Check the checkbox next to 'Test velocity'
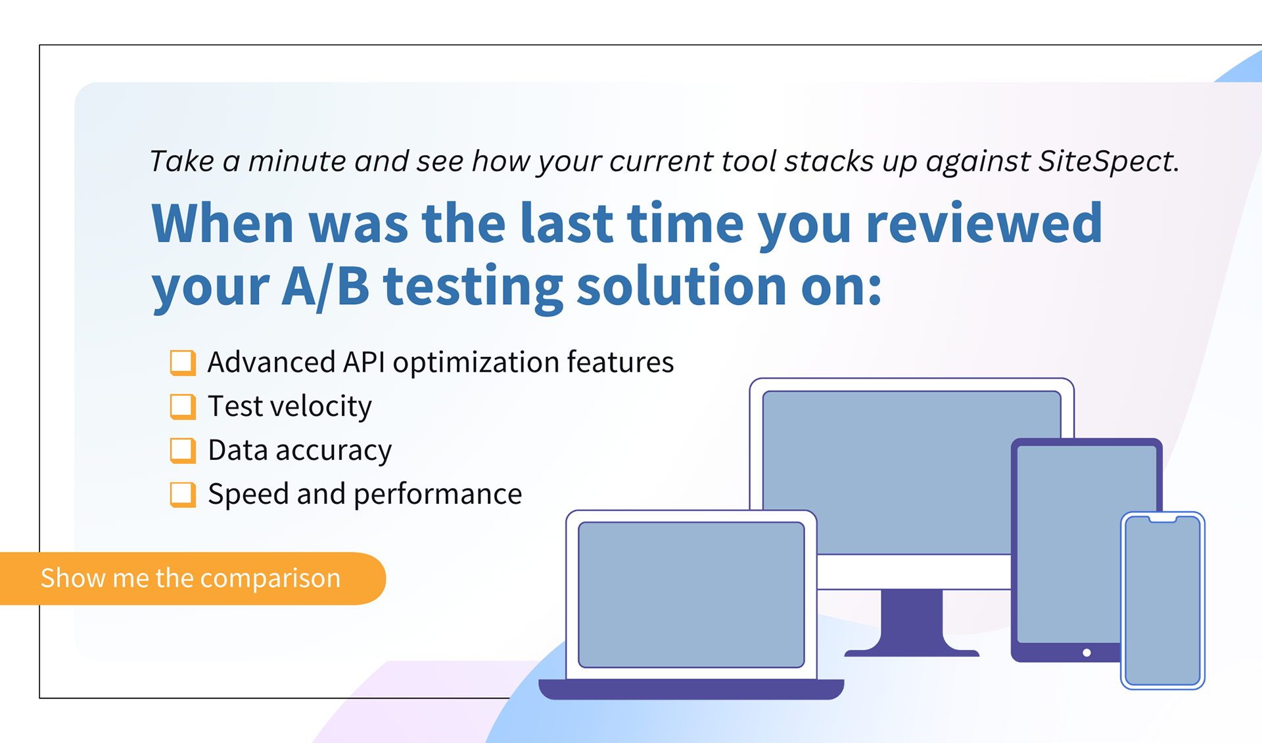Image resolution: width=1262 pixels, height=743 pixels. click(x=183, y=407)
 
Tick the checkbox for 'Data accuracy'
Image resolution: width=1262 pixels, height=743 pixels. click(x=183, y=451)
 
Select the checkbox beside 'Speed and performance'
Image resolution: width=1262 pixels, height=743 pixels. click(x=183, y=495)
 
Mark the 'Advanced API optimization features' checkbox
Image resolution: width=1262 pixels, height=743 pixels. click(x=183, y=363)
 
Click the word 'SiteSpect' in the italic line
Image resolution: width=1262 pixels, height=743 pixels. click(x=1109, y=161)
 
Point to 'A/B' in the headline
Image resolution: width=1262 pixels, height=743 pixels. click(x=325, y=287)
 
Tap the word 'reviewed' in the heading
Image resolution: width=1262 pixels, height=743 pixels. click(x=984, y=224)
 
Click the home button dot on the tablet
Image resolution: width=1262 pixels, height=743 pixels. click(x=1087, y=653)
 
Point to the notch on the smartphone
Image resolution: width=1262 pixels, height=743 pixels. click(x=1163, y=519)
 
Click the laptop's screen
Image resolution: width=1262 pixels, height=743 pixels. click(x=691, y=595)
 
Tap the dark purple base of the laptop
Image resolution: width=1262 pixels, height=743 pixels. click(x=691, y=689)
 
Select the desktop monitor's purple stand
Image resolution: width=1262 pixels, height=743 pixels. click(x=912, y=621)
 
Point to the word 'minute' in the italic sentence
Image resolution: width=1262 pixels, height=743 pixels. click(x=296, y=161)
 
